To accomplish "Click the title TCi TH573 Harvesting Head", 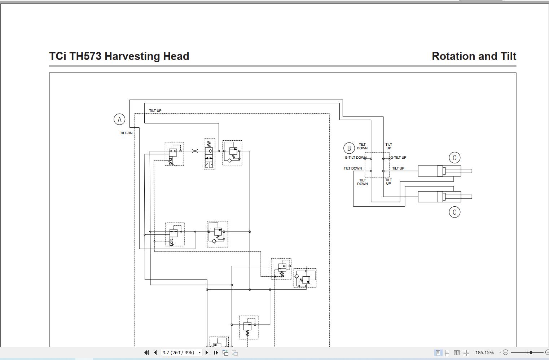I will coord(119,56).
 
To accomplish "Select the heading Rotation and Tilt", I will coord(474,56).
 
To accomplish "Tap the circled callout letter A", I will coord(119,119).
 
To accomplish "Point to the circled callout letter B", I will coord(349,148).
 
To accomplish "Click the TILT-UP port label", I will coord(155,111).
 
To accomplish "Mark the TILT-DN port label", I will coord(126,133).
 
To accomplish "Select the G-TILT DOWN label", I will coord(355,158).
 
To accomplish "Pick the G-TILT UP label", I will coord(398,158).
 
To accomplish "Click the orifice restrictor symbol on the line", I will coord(195,151).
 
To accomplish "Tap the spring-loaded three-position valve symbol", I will coord(209,154).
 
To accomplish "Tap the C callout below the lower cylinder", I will coord(454,212).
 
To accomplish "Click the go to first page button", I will coord(146,352).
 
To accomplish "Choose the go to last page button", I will coord(216,352).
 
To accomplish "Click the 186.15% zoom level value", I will coord(484,352).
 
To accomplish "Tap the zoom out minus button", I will coord(505,352).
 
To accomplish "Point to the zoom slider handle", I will coord(531,352).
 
